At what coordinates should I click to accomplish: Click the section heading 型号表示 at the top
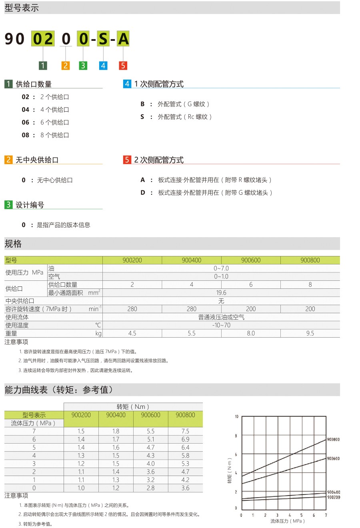coord(22,8)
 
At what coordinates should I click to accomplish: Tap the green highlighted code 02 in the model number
coord(43,39)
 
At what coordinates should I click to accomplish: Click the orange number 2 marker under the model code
coord(66,66)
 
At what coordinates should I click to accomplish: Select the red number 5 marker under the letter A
coord(123,66)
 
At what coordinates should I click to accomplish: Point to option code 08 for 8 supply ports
coord(26,135)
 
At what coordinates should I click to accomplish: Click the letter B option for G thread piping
coord(142,104)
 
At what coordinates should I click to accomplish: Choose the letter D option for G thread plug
coord(143,192)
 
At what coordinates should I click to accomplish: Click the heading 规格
coord(13,244)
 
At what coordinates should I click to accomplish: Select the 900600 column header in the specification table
coord(251,260)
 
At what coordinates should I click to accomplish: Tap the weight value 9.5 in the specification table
coord(310,333)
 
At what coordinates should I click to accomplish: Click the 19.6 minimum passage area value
coord(221,293)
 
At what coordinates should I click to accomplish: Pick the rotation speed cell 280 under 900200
coord(132,309)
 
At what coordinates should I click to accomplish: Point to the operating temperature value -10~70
coord(221,325)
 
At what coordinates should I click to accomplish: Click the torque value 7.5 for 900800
coord(185,431)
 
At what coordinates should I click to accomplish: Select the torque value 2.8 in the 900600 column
coord(150,488)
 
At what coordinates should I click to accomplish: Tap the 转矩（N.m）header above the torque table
coord(133,407)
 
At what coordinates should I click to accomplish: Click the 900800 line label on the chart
coord(333,440)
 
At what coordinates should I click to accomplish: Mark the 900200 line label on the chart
coord(333,497)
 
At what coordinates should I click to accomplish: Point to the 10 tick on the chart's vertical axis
coord(236,417)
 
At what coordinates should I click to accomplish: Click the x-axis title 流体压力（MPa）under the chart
coord(288,521)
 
